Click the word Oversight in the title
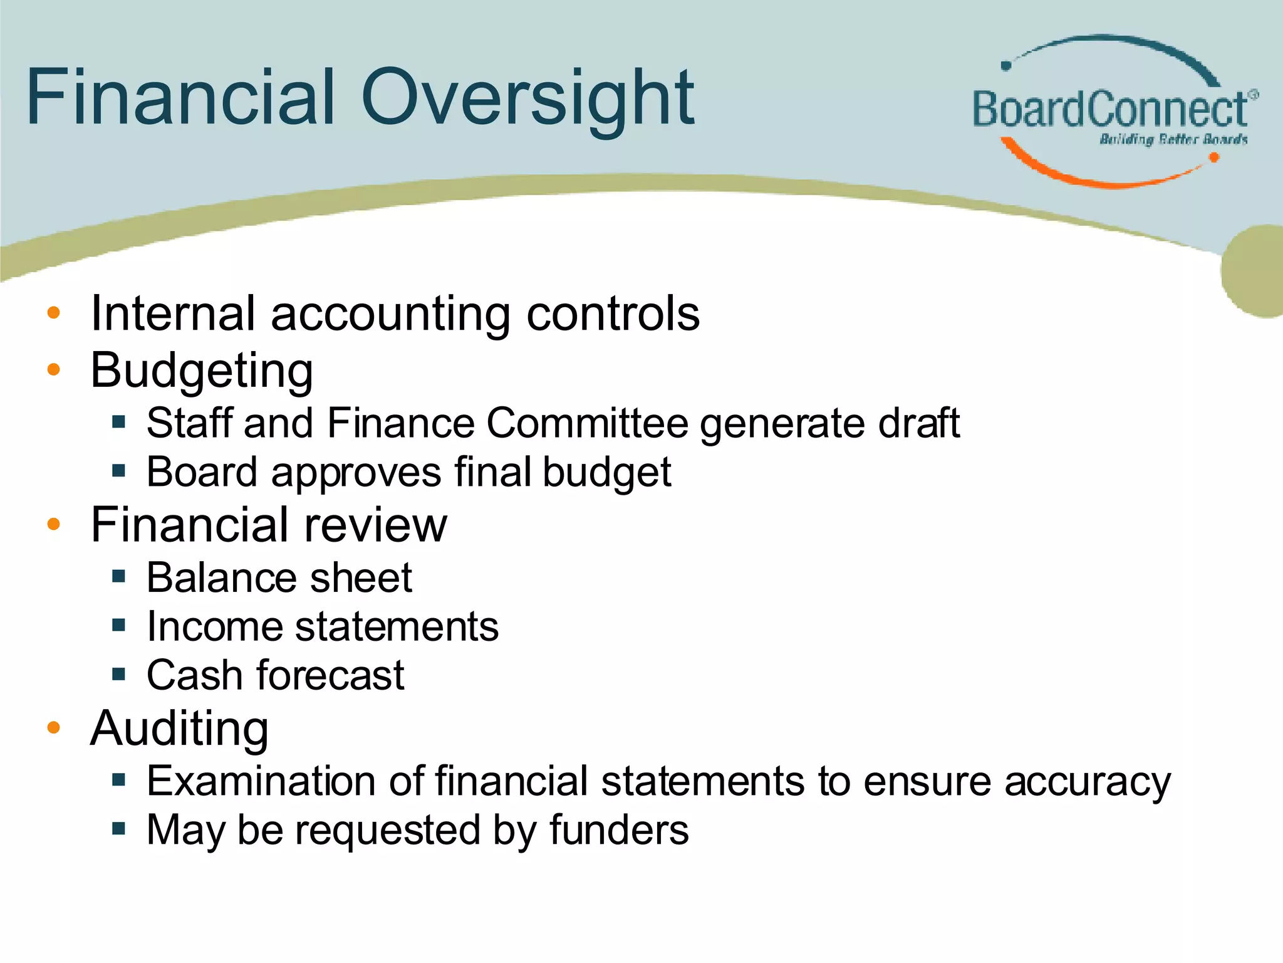(x=527, y=99)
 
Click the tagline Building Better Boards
(x=1173, y=139)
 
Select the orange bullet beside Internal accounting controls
(x=54, y=313)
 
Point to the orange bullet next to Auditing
(x=54, y=727)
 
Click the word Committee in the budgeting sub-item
(x=587, y=423)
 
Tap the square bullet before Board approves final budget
(x=119, y=470)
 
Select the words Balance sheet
(x=279, y=577)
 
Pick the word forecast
(x=330, y=675)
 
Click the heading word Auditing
(x=179, y=729)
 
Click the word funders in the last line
(x=619, y=830)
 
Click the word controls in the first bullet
(x=613, y=313)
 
